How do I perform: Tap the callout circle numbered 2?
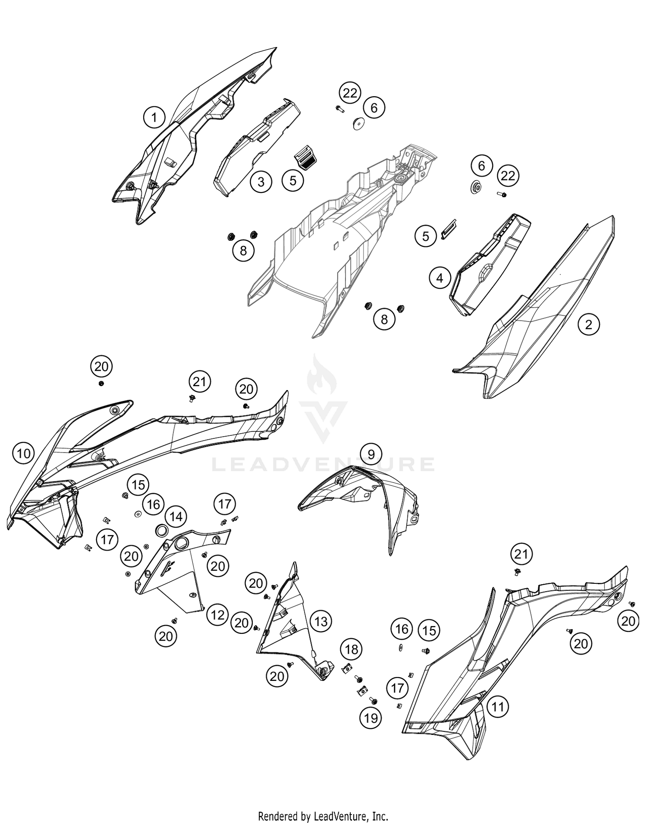pos(589,324)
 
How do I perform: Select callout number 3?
pos(261,181)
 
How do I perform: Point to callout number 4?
pos(440,278)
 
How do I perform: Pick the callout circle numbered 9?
pos(371,453)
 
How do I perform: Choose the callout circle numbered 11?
pos(498,707)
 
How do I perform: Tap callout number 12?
pos(217,615)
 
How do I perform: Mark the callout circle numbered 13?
pos(321,621)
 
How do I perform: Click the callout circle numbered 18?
pos(352,649)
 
